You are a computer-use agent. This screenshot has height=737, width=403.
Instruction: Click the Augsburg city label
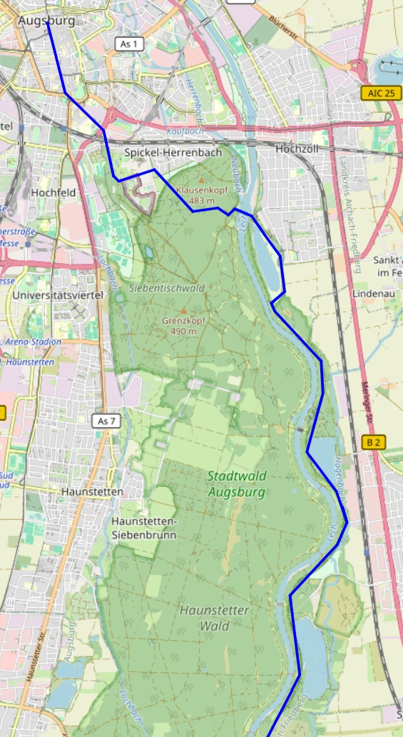coord(46,21)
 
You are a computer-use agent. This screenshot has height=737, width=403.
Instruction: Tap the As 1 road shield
coord(129,44)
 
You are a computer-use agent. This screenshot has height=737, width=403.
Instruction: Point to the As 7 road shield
coord(106,421)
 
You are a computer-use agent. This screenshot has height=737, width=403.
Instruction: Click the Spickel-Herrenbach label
coord(173,153)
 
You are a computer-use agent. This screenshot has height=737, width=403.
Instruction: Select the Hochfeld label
coord(53,192)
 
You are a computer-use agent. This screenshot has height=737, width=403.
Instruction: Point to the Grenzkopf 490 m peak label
coord(183,326)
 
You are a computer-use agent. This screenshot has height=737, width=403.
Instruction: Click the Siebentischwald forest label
coord(167,288)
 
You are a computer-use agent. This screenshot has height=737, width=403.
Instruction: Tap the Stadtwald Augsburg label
coord(237,484)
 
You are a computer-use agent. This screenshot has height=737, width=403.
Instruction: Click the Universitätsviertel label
coord(58,294)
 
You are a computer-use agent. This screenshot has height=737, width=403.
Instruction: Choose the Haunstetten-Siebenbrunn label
coord(143,527)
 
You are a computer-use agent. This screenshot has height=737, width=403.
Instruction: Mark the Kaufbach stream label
coord(185,132)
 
